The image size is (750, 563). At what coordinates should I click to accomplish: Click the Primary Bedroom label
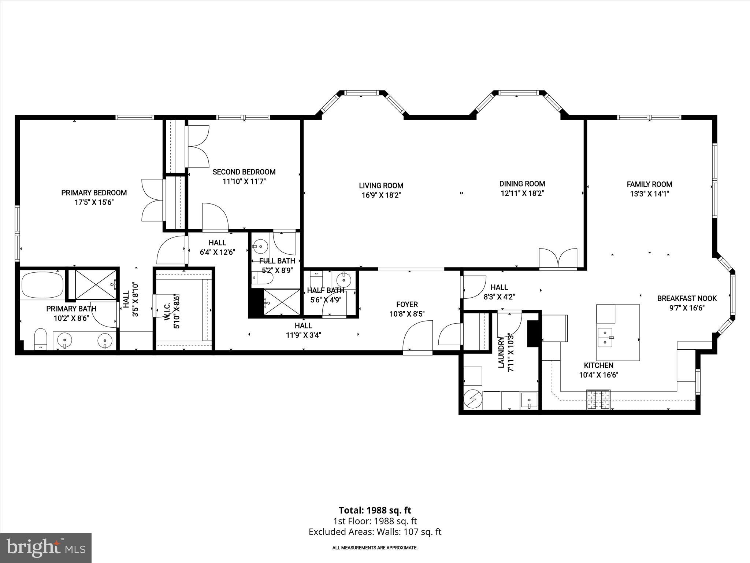tap(94, 193)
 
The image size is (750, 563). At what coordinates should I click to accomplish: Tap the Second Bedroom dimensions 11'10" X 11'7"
tap(244, 181)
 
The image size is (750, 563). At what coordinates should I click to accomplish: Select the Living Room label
tap(381, 186)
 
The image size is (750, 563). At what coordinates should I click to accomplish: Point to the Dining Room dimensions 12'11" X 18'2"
tap(522, 194)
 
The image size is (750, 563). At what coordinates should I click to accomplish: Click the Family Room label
tap(649, 184)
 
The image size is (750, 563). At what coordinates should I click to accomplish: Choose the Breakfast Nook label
tap(687, 298)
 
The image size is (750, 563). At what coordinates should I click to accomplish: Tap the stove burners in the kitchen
tap(598, 399)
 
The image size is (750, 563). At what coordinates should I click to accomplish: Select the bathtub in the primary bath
tap(42, 285)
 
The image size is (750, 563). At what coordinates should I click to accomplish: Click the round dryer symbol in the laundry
tap(472, 398)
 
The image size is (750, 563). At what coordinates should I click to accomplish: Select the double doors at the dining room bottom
tap(558, 259)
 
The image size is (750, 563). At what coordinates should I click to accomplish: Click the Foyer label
tap(407, 305)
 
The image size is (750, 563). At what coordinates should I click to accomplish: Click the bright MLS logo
tap(46, 548)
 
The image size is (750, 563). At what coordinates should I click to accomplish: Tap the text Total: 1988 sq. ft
tap(375, 510)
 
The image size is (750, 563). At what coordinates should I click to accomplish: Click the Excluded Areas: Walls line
tap(375, 531)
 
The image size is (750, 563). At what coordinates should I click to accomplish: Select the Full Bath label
tap(277, 261)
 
